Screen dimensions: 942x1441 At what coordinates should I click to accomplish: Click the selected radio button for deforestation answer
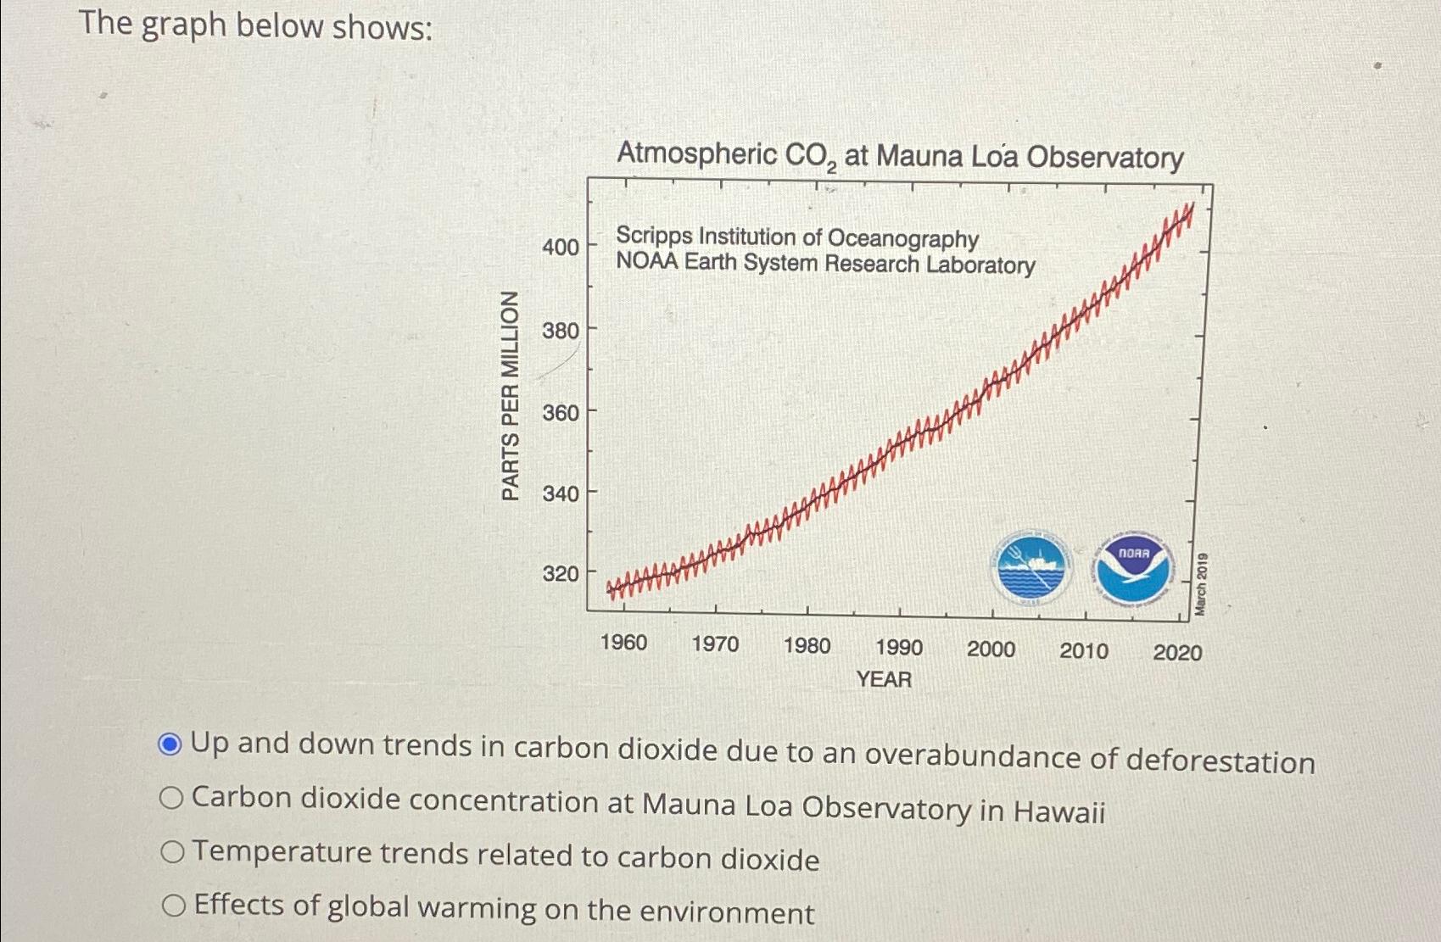click(170, 744)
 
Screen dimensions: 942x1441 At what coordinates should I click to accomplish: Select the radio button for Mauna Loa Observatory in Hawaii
click(170, 798)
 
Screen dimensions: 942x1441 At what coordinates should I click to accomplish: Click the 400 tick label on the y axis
click(561, 247)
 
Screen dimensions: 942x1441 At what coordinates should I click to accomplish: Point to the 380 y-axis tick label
click(561, 330)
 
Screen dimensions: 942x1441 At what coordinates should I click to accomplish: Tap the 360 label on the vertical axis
click(561, 413)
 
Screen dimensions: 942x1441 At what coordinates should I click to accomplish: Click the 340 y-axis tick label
click(561, 493)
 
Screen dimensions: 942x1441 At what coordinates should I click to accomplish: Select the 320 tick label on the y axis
click(561, 573)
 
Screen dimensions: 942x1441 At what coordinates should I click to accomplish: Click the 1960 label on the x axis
click(623, 643)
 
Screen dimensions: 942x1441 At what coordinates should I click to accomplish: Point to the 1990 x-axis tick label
click(898, 648)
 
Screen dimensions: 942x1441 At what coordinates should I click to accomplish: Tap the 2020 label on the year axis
click(1177, 652)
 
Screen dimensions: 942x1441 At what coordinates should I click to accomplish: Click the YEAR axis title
click(884, 679)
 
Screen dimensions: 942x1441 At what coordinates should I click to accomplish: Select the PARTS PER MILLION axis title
click(510, 395)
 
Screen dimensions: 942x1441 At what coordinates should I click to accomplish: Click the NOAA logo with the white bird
click(1133, 568)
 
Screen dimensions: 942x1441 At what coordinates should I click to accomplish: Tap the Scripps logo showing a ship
click(1030, 567)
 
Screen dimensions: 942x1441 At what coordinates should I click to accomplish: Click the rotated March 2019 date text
click(1201, 584)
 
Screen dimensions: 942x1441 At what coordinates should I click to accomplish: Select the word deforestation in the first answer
click(1220, 761)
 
